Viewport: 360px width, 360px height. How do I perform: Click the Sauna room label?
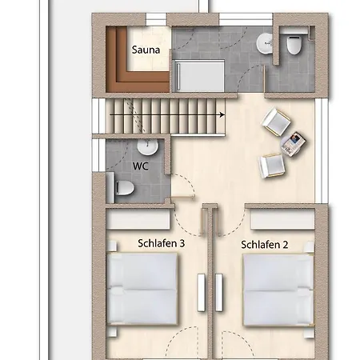146,50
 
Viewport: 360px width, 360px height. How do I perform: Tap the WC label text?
141,166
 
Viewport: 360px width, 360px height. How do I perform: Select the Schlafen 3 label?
162,243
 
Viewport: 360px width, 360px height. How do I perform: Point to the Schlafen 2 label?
265,245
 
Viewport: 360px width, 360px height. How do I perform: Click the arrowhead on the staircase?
222,115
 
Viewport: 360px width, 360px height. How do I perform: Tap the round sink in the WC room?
147,147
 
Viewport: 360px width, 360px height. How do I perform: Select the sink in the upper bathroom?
265,44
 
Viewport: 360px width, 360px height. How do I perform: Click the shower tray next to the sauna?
198,76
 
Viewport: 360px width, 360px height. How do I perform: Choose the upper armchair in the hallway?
276,122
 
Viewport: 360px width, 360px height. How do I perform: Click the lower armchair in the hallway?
272,166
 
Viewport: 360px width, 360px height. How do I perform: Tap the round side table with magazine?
293,144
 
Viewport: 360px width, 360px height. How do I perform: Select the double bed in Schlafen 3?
142,290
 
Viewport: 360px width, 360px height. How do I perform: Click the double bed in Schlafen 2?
278,290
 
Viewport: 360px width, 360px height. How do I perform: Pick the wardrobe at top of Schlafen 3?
138,219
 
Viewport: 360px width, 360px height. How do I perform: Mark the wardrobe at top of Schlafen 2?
282,219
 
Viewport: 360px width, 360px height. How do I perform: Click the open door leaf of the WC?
182,197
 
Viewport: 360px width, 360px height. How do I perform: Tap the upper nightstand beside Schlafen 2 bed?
310,247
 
